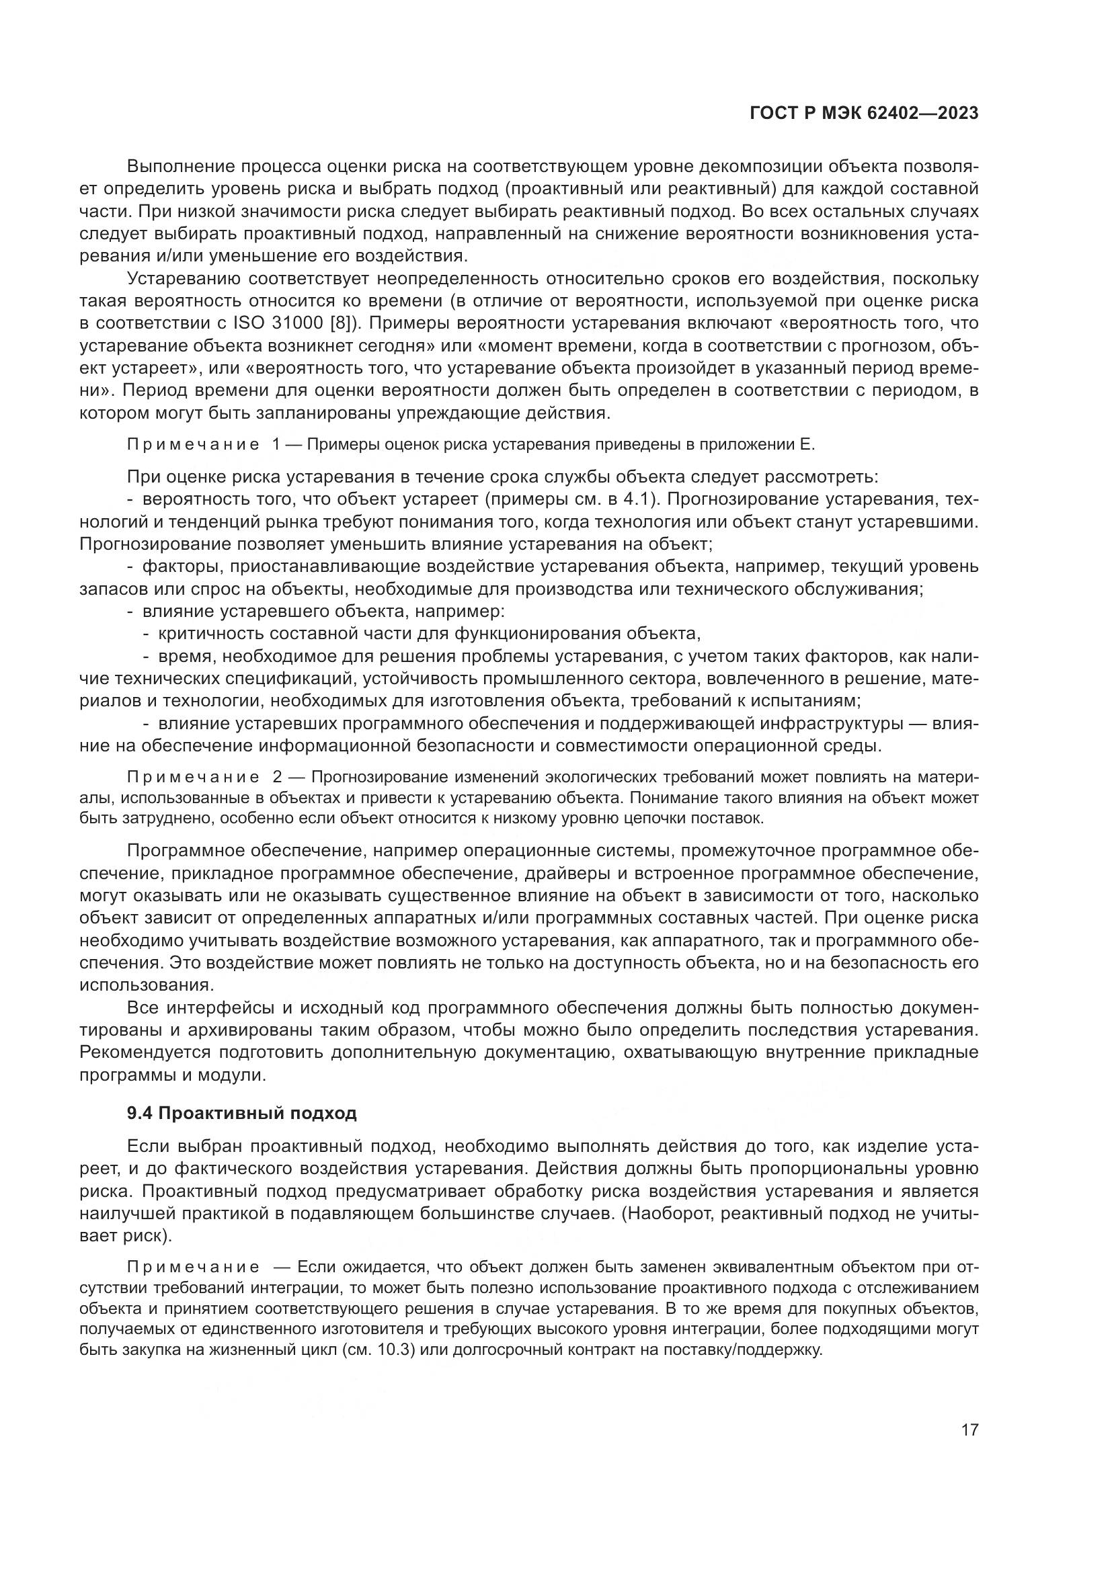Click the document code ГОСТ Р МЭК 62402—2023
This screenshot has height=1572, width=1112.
tap(864, 114)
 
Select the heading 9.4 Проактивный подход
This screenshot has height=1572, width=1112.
tap(242, 1113)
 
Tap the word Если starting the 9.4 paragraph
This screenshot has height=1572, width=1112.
tap(147, 1147)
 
